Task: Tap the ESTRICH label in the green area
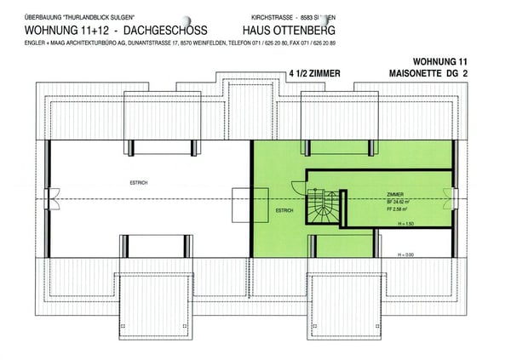click(284, 209)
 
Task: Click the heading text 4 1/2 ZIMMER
click(314, 74)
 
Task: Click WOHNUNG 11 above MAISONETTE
click(439, 62)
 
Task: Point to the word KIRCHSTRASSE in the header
click(266, 16)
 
